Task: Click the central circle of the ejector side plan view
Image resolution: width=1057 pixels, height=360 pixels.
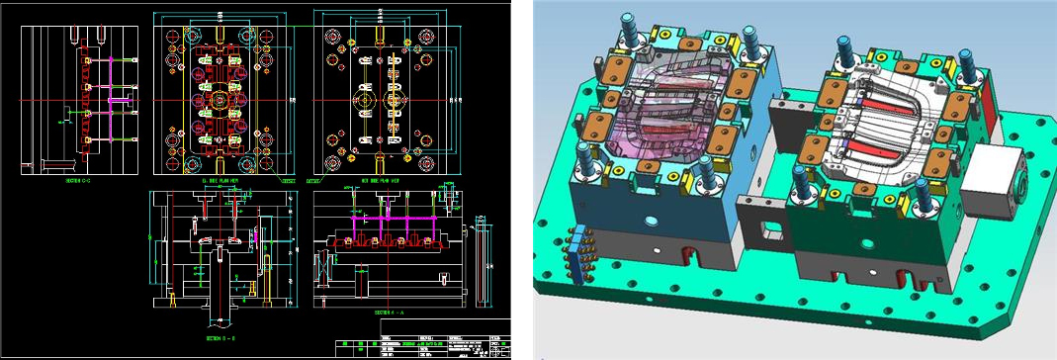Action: (x=217, y=101)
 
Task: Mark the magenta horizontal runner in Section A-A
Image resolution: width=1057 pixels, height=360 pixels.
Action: (x=396, y=220)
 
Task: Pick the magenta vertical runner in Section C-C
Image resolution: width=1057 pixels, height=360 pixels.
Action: (x=99, y=99)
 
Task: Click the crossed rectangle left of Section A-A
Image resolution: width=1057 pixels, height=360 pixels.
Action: (x=322, y=266)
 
